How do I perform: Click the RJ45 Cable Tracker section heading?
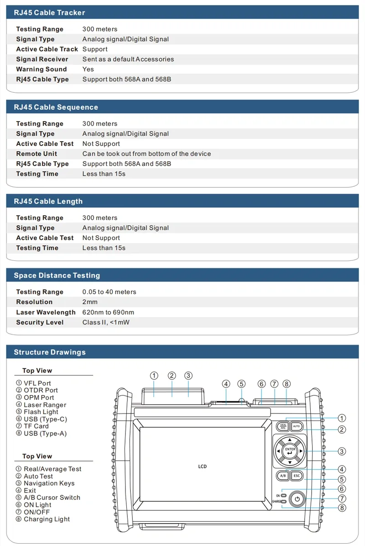coord(49,13)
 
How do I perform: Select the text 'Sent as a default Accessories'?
coord(128,59)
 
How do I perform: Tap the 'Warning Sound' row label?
coord(42,69)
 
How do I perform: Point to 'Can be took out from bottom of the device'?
coord(146,154)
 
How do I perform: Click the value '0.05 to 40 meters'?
coord(109,292)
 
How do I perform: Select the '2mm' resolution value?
coord(90,302)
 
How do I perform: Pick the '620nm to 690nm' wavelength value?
coord(108,312)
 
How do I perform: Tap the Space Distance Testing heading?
coord(57,276)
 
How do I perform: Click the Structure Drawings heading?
coord(49,352)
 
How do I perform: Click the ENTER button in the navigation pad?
coord(290,451)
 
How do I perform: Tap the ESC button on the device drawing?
coord(297,476)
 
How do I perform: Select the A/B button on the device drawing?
coord(282,476)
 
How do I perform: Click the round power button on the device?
coord(297,499)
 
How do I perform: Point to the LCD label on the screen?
coord(203,466)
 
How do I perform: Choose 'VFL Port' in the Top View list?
coord(37,383)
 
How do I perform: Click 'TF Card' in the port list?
coord(36,426)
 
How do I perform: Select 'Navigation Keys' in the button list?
coord(49,483)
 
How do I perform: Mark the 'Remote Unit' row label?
coord(36,154)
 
